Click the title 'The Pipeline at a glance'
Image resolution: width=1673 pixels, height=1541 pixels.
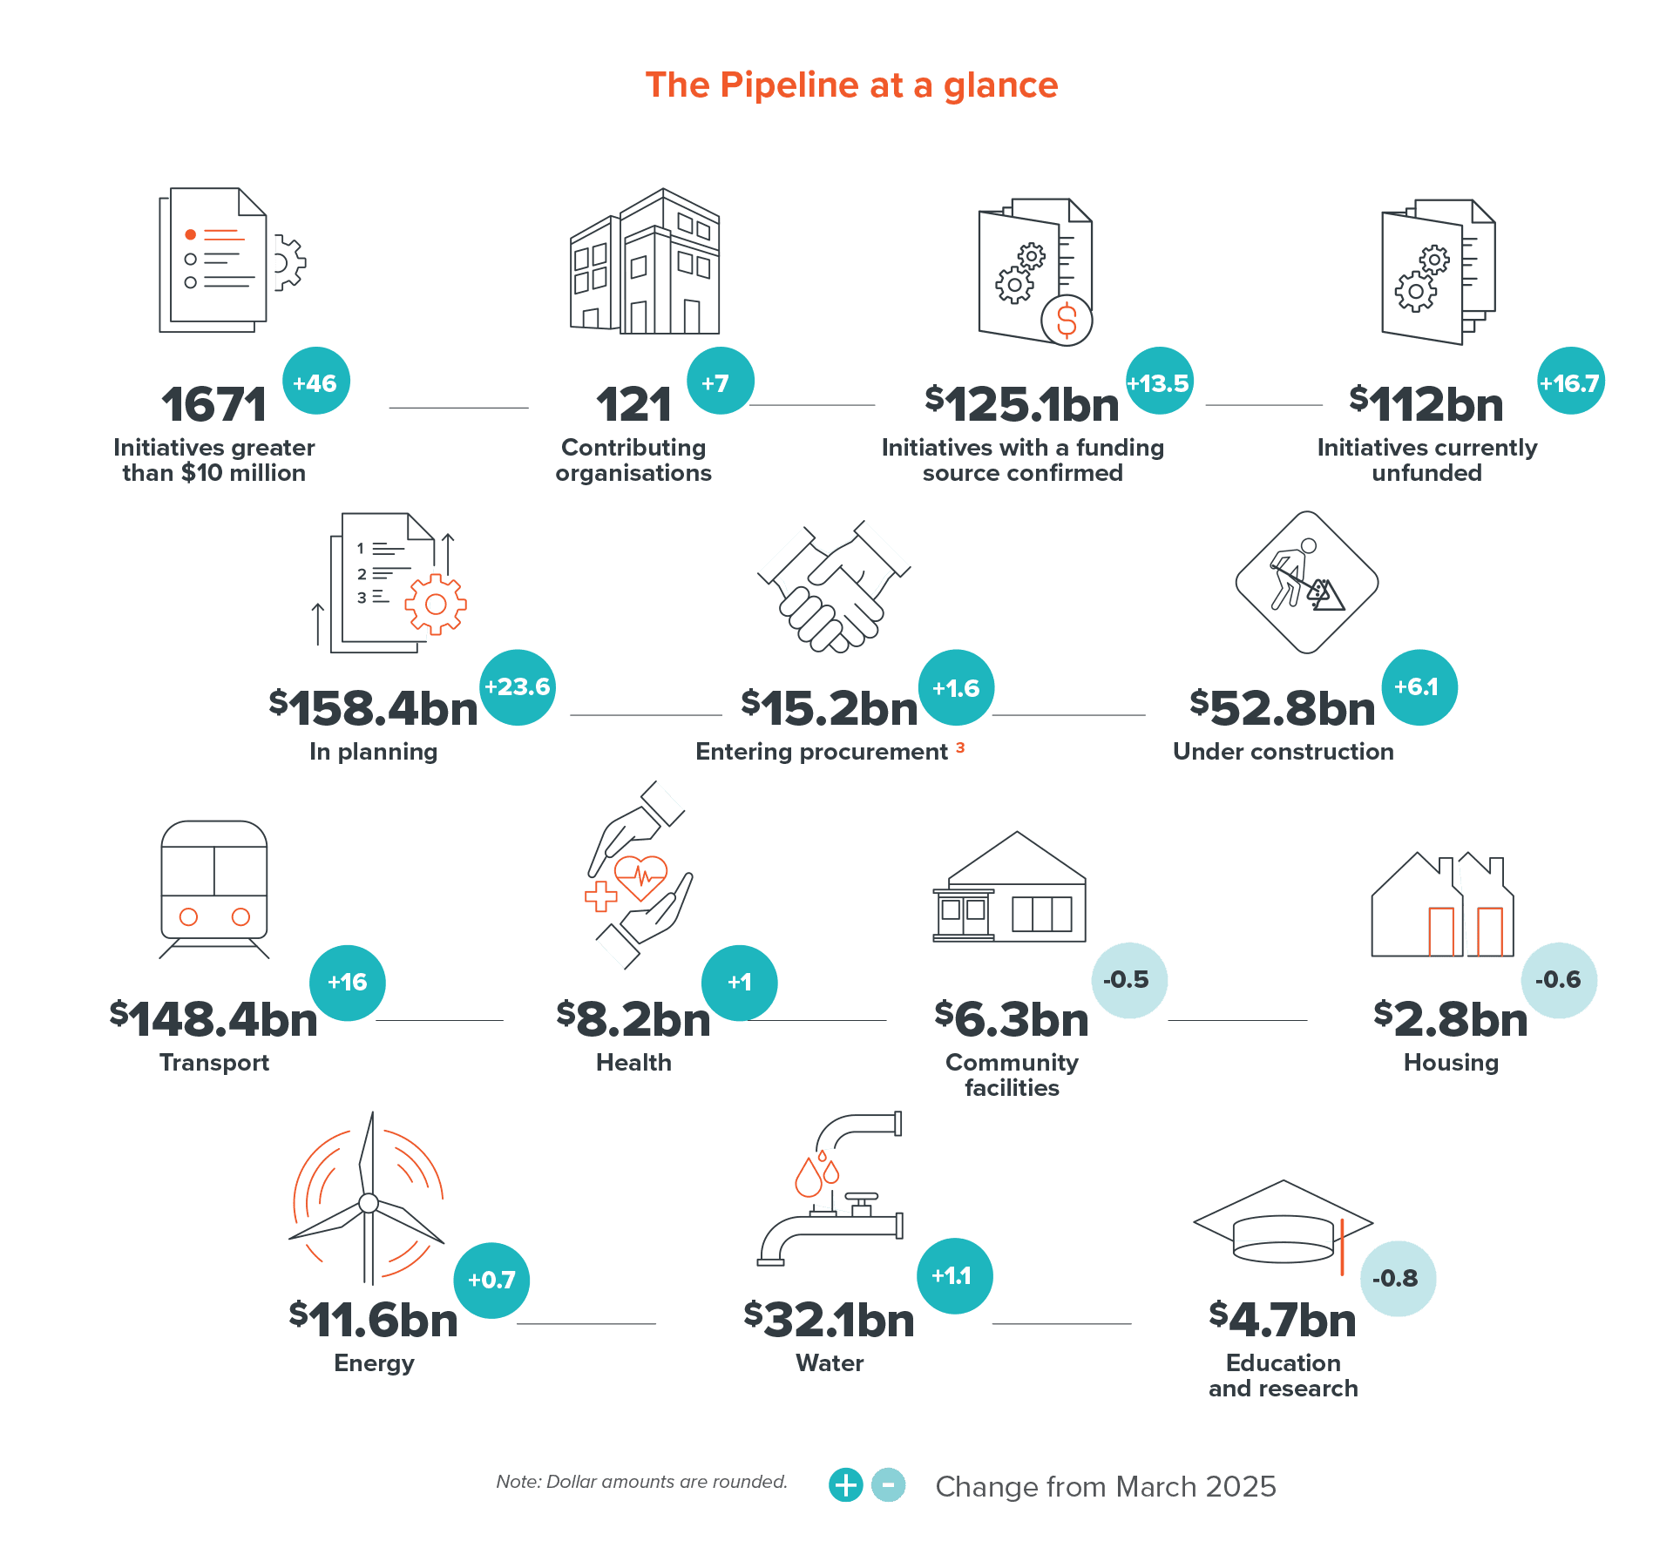coord(851,85)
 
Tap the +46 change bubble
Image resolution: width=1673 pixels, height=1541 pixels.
coord(315,382)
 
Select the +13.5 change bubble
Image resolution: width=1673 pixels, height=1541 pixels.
coord(1159,382)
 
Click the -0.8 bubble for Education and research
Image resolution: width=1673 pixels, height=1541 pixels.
coord(1398,1278)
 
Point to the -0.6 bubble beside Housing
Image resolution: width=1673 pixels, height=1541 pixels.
coord(1559,980)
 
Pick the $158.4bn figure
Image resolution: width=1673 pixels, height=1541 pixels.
coord(374,707)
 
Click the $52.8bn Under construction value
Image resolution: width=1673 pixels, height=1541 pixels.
coord(1283,707)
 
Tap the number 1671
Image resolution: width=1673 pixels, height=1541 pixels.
coord(213,405)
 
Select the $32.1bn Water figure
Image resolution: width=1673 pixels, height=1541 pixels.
coord(830,1319)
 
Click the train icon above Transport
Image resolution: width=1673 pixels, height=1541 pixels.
coord(214,884)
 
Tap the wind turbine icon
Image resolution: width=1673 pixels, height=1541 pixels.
coord(369,1198)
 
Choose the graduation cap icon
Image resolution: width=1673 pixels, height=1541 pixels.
coord(1283,1224)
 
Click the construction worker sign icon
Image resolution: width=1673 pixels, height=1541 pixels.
coord(1306,582)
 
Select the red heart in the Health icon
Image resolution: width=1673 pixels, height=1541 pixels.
coord(641,875)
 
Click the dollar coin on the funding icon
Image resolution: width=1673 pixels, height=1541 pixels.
coord(1067,320)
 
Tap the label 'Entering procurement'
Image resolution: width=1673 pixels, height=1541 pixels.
coord(822,752)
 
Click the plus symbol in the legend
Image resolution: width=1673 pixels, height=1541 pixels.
coord(845,1484)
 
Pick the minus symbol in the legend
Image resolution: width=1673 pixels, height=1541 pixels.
coord(889,1484)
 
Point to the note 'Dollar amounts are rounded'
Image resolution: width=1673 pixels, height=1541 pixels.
coord(640,1482)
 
